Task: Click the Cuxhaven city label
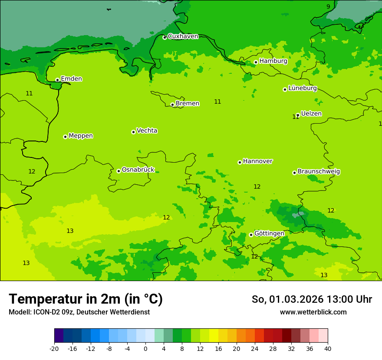tap(183, 36)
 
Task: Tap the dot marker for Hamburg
tap(256, 62)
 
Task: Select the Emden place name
tap(71, 79)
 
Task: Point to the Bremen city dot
tap(172, 105)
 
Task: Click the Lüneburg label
tap(302, 88)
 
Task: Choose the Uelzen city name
tap(311, 114)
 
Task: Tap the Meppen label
tap(81, 136)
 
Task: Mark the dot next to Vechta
tap(133, 132)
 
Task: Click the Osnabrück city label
tap(138, 170)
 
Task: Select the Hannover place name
tap(257, 161)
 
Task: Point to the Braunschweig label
tap(319, 171)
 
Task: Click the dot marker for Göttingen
tap(251, 235)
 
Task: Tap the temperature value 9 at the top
tap(328, 6)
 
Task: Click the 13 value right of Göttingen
tap(324, 275)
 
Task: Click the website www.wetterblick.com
tap(313, 312)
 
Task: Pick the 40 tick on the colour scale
tap(327, 349)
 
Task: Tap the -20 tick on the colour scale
tap(54, 349)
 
